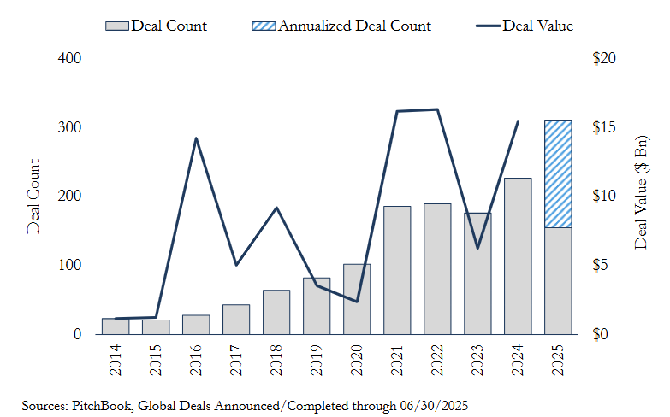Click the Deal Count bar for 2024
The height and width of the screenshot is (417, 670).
(518, 255)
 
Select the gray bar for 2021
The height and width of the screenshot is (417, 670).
(397, 269)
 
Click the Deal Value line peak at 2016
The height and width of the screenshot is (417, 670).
(196, 138)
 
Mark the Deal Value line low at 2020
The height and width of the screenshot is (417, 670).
(357, 302)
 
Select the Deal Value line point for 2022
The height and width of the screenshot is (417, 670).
(437, 109)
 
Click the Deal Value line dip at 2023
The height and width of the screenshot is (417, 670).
(477, 248)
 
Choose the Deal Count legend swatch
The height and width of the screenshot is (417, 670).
(117, 26)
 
